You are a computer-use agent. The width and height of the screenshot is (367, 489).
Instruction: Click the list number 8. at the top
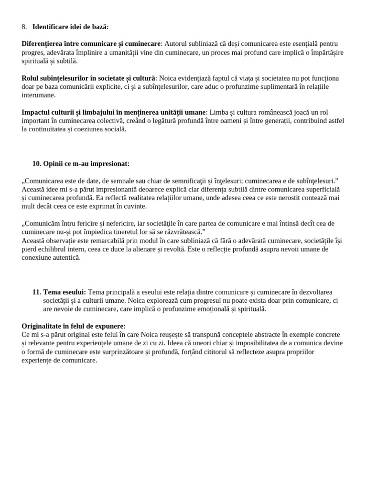coord(24,27)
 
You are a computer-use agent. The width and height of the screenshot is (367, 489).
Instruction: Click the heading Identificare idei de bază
coord(70,27)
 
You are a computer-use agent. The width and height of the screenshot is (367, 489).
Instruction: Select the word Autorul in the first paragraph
coord(176,44)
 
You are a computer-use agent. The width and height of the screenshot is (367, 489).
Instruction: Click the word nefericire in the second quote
coord(130,223)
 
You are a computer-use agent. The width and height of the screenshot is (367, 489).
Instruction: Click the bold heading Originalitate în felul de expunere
coord(74,326)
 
